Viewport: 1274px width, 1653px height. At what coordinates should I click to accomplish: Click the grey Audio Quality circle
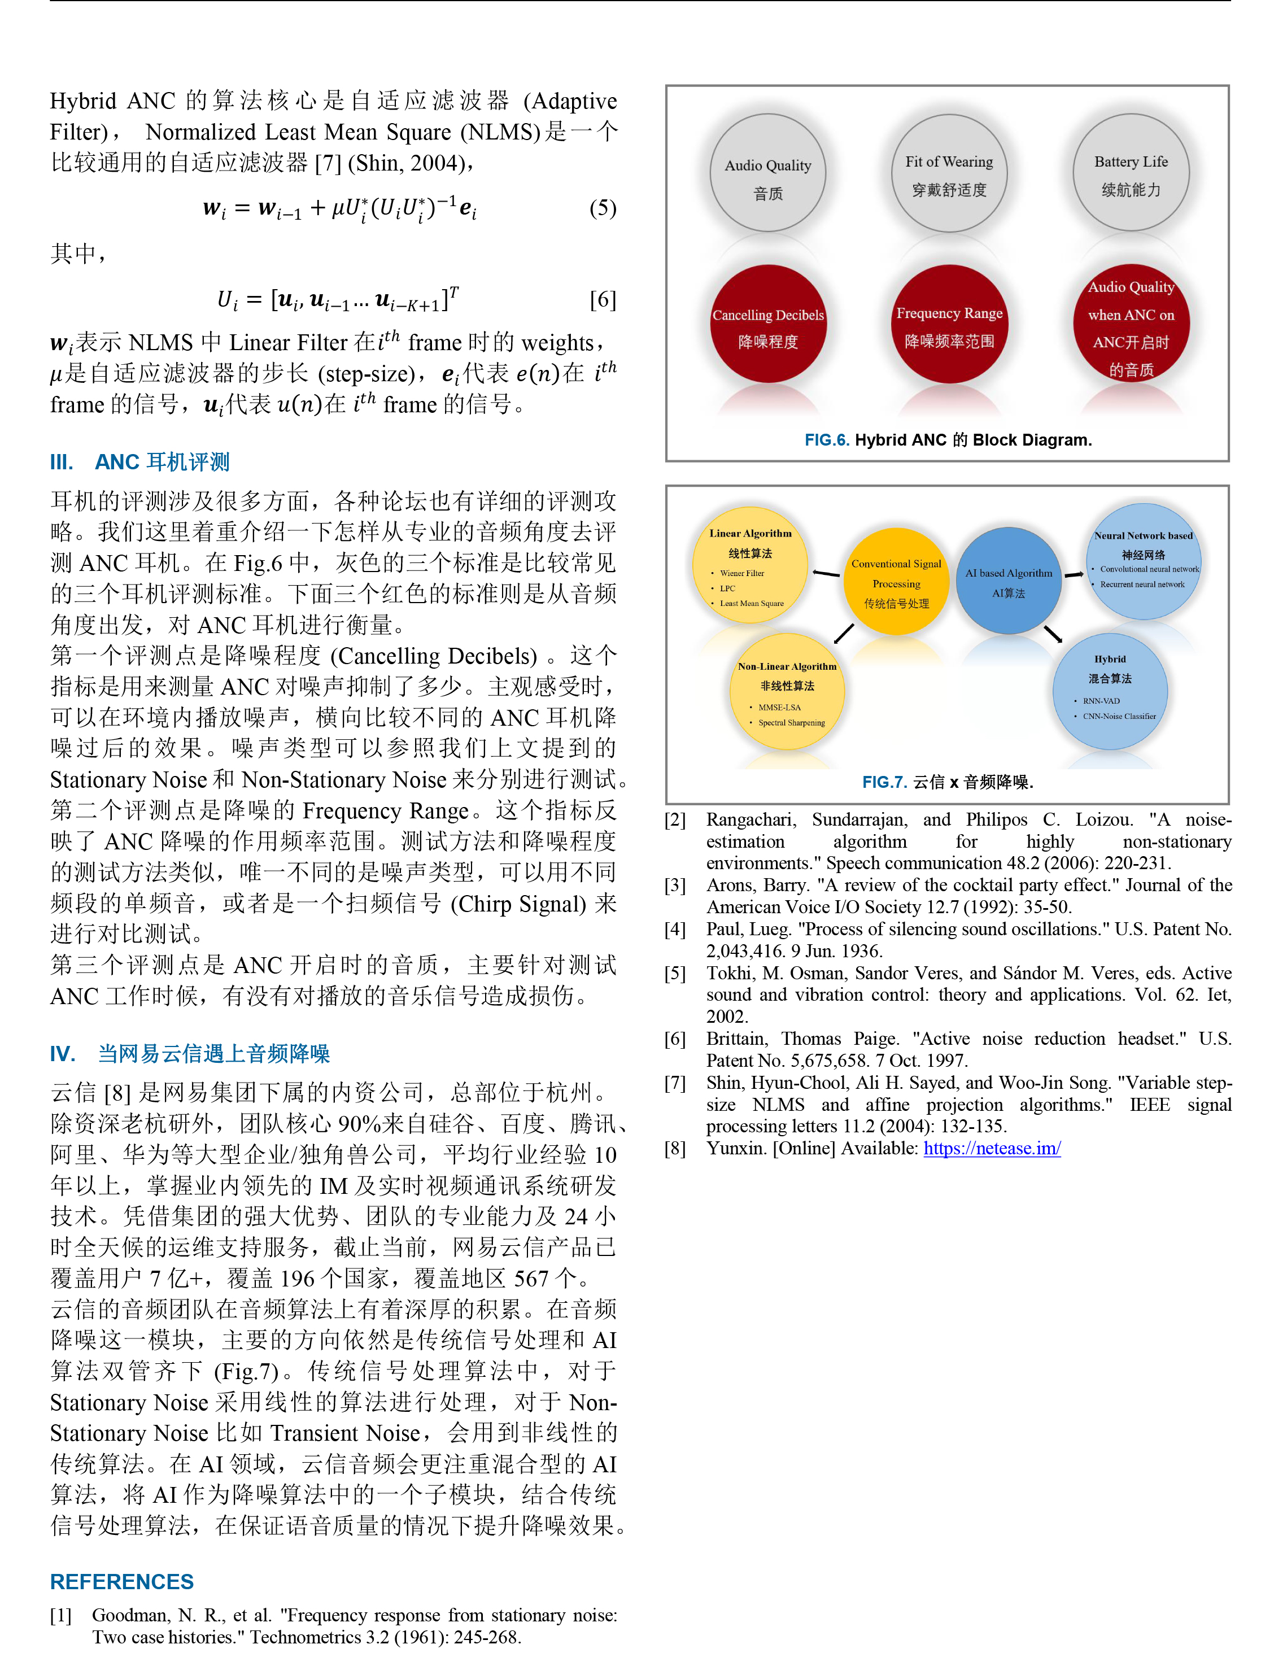[x=767, y=173]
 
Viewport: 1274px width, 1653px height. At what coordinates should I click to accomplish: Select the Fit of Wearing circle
[x=949, y=173]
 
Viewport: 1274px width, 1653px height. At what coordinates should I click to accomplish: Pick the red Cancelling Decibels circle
[x=767, y=324]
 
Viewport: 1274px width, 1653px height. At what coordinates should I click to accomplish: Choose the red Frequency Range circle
[x=949, y=324]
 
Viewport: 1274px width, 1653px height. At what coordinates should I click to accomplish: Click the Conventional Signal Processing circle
[x=896, y=582]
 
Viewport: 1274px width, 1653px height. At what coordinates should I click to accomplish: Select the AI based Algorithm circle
[x=1008, y=581]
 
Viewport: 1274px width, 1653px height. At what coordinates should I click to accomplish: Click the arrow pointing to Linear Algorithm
[x=826, y=574]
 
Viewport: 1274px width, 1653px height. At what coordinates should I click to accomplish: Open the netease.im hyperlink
[x=992, y=1148]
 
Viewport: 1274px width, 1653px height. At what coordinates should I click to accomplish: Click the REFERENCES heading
[x=122, y=1582]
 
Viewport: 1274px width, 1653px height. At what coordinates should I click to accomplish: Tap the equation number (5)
[x=603, y=208]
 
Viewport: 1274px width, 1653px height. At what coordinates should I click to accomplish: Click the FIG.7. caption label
[x=884, y=782]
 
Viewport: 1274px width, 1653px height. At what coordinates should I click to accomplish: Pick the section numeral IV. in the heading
[x=62, y=1054]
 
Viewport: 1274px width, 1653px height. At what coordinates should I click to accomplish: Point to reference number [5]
[x=675, y=973]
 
